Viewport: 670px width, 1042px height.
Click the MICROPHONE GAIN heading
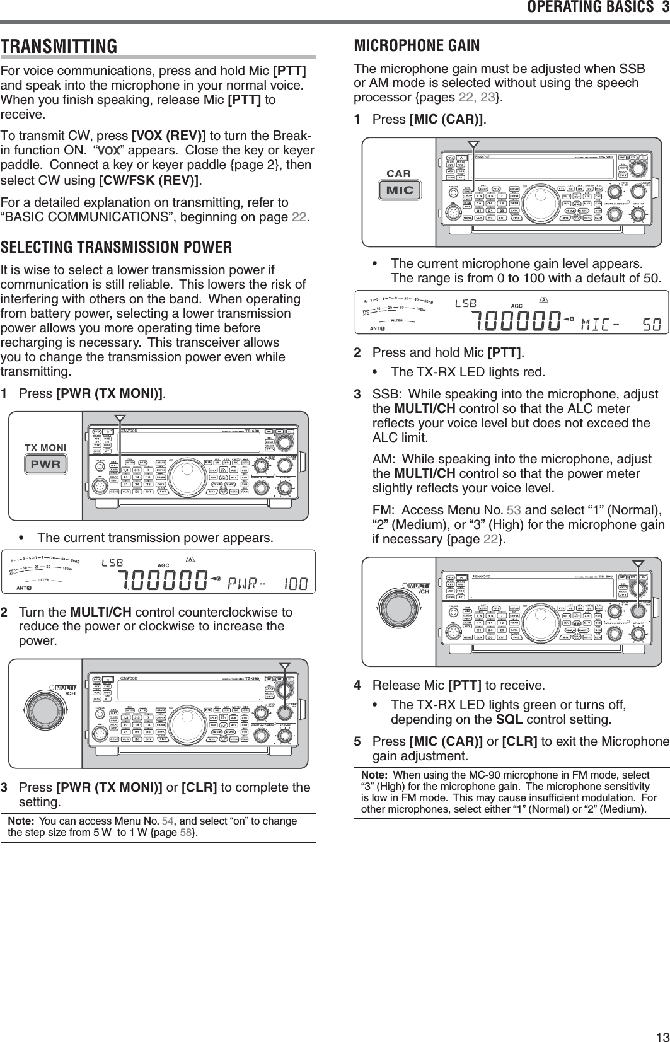point(417,45)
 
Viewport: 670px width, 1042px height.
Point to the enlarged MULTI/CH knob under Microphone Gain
point(398,611)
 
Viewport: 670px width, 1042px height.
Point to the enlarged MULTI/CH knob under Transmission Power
point(45,713)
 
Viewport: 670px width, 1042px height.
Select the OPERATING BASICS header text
point(591,8)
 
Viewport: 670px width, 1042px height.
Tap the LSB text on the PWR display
point(112,561)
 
